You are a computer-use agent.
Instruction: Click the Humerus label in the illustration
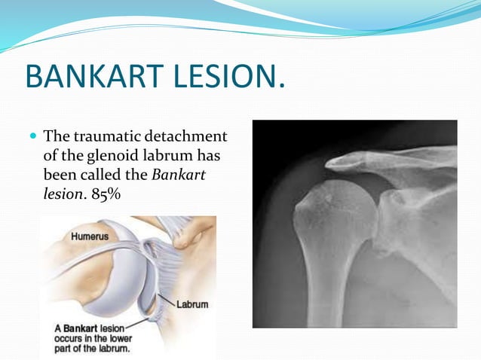90,236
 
